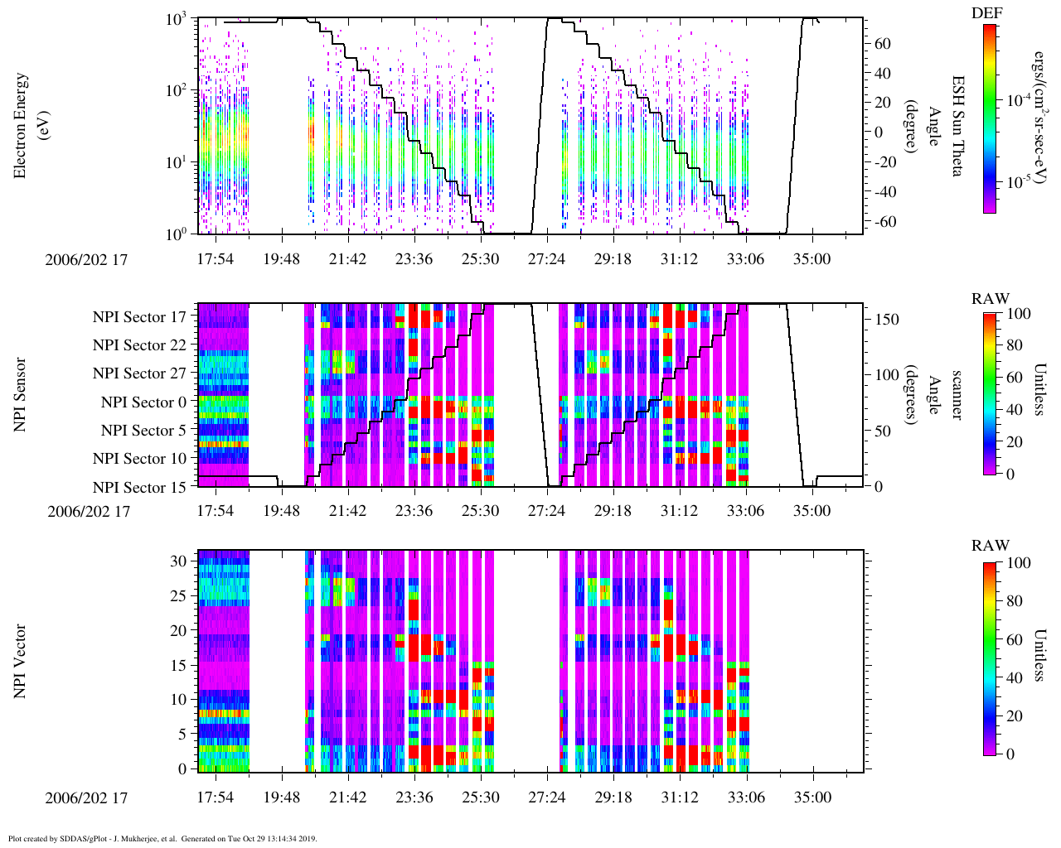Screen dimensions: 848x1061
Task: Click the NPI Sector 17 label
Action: tap(139, 317)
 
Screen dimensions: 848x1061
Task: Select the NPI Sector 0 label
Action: tap(143, 402)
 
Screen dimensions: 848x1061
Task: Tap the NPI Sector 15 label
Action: tap(139, 488)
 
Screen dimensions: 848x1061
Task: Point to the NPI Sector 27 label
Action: tap(139, 373)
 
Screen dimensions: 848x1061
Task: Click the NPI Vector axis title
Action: tap(21, 661)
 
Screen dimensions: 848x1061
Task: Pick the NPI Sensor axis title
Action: tap(21, 394)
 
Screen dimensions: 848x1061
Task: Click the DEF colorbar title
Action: tap(987, 12)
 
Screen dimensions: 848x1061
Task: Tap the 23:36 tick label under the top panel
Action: tap(414, 259)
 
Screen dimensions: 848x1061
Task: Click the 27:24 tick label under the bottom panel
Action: tap(546, 797)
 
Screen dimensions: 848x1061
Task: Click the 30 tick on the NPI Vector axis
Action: tap(178, 561)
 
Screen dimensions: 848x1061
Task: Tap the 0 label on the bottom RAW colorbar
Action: tap(1009, 754)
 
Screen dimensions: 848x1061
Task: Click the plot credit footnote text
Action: tap(162, 838)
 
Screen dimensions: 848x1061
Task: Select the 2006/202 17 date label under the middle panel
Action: tap(89, 511)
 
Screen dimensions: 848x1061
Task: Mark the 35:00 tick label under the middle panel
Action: tap(811, 511)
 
